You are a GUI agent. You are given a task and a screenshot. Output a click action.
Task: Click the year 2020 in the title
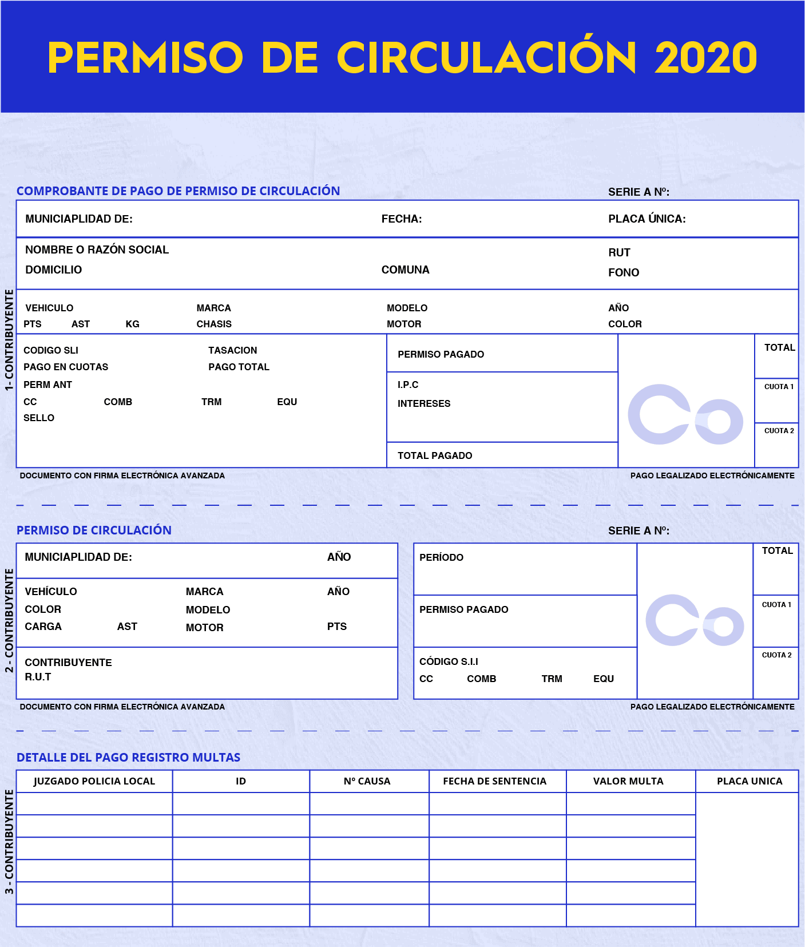click(705, 58)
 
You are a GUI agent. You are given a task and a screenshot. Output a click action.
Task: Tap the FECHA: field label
click(401, 219)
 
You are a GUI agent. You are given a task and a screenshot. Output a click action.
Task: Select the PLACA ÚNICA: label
click(647, 219)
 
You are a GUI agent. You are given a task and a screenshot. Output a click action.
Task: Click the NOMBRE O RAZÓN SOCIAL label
click(97, 249)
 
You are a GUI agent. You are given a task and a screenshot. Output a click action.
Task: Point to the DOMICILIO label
click(53, 270)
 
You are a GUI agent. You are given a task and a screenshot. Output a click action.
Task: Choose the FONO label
click(623, 272)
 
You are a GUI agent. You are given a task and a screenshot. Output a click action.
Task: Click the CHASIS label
click(214, 324)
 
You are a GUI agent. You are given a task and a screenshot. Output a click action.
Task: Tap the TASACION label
click(232, 350)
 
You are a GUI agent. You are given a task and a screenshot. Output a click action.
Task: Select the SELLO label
click(39, 418)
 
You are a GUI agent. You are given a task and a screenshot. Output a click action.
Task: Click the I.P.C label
click(408, 385)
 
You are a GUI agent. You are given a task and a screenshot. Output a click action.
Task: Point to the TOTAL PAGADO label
click(435, 455)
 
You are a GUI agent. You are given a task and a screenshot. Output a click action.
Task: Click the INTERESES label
click(424, 403)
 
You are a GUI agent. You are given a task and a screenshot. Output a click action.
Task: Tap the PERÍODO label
click(441, 557)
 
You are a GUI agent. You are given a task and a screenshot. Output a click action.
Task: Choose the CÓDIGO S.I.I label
click(449, 661)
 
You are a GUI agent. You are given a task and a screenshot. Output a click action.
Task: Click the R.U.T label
click(38, 677)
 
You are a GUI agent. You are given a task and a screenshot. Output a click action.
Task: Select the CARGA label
click(43, 627)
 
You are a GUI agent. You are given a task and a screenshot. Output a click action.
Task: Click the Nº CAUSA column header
click(367, 781)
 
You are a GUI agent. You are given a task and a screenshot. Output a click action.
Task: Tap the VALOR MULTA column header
click(628, 781)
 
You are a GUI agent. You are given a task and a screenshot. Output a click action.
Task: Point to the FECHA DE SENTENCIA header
click(494, 781)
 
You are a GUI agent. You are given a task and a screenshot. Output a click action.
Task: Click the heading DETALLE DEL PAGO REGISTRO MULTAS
click(128, 757)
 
